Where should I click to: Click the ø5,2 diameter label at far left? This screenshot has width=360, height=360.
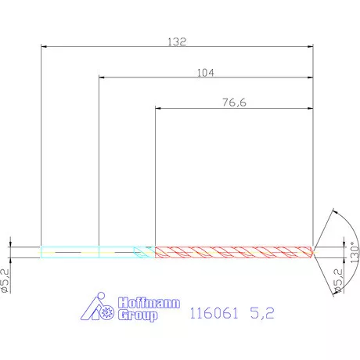(x=5, y=279)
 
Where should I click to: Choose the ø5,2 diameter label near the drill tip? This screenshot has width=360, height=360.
(x=339, y=279)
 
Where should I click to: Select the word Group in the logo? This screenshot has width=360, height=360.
(x=139, y=315)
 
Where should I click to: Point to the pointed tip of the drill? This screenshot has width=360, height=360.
(x=315, y=252)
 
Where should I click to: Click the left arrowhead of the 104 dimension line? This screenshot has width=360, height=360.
(x=103, y=77)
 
